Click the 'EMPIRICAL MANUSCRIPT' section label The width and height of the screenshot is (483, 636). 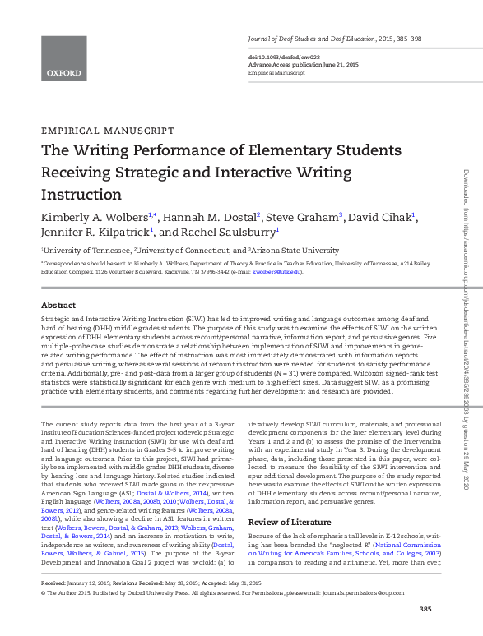click(107, 131)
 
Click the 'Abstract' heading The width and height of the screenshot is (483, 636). click(58, 303)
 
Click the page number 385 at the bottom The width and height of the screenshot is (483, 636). click(425, 609)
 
